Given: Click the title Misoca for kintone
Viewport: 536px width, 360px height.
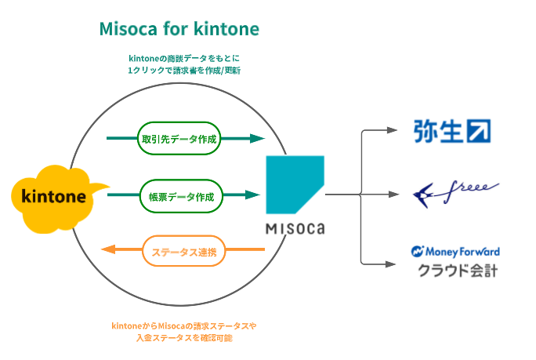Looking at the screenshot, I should [179, 29].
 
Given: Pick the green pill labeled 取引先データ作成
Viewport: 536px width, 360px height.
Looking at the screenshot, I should [179, 139].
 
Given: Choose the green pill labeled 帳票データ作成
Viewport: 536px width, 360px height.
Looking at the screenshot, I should [180, 194].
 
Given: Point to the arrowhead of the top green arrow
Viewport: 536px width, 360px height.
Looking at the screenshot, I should [258, 139].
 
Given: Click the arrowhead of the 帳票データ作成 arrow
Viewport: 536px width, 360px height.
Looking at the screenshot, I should [252, 194].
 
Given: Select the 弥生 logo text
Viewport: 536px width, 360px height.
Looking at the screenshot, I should [438, 131].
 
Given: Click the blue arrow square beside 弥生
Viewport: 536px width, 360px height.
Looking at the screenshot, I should [479, 131].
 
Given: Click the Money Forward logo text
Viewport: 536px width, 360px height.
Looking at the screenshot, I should [456, 252].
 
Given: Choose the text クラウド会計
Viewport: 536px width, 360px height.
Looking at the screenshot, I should [456, 271].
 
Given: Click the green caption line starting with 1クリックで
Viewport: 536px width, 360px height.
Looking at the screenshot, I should [184, 71].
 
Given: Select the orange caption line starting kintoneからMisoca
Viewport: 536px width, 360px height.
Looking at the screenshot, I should [184, 325].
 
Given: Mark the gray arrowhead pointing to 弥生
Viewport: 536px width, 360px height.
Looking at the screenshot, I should [389, 130].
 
